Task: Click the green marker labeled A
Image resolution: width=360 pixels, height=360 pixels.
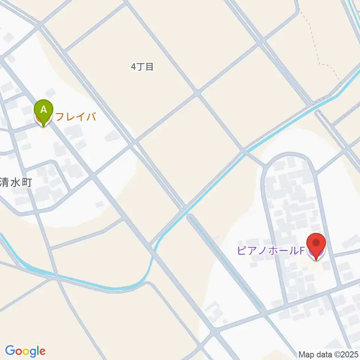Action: click(x=44, y=110)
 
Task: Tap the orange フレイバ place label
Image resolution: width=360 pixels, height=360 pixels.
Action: click(x=76, y=117)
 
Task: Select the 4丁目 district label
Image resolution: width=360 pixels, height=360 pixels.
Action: click(x=142, y=67)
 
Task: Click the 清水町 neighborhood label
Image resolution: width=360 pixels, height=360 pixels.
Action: click(x=16, y=183)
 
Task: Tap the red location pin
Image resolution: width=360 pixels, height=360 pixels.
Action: click(x=316, y=243)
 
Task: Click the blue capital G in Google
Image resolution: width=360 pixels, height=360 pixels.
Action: click(x=10, y=351)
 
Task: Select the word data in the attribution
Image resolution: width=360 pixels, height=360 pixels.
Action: click(x=321, y=354)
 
